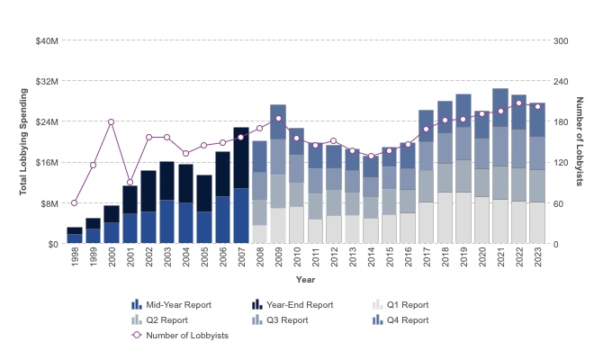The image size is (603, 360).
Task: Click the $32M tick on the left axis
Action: click(48, 81)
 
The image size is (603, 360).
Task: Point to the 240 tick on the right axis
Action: click(561, 81)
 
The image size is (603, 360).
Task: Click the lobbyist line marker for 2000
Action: click(112, 121)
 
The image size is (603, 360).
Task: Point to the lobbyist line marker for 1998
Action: click(75, 202)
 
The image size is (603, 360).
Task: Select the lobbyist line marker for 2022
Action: click(519, 103)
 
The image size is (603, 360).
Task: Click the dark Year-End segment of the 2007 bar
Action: click(241, 157)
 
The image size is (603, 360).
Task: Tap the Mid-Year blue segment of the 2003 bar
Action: click(167, 221)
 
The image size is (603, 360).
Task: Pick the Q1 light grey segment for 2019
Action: click(463, 218)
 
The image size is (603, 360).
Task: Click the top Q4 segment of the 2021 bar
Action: click(500, 101)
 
